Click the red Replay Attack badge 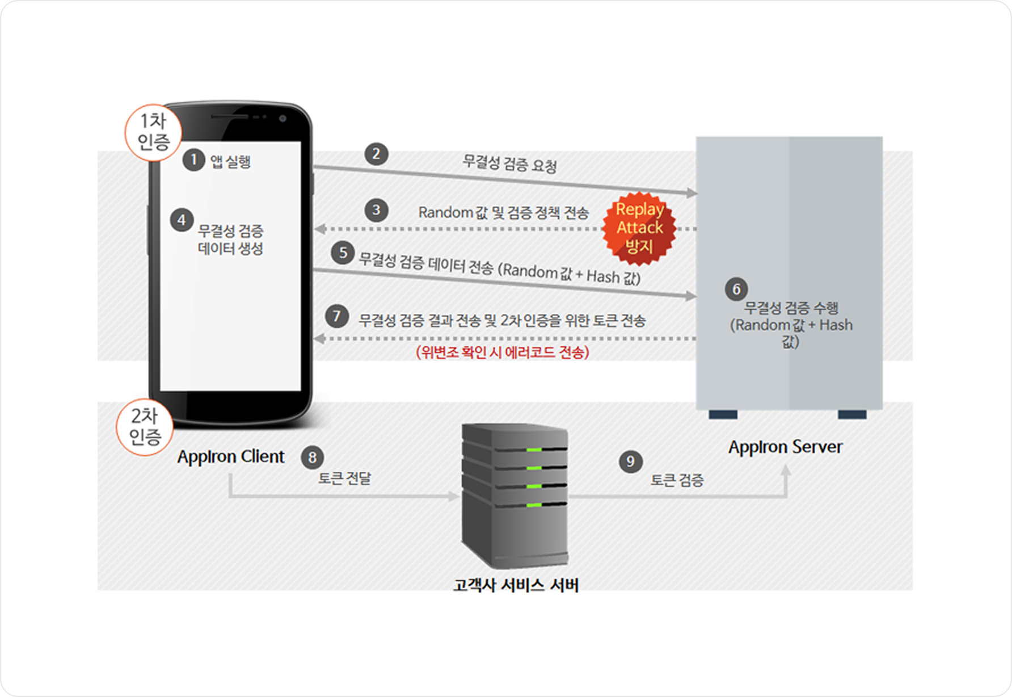click(x=639, y=228)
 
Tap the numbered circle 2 click(x=376, y=154)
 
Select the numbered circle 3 click(x=376, y=211)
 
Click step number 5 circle click(x=343, y=253)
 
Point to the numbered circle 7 click(x=336, y=316)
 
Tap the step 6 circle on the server click(x=736, y=289)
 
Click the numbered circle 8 click(x=312, y=457)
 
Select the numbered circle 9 click(x=630, y=461)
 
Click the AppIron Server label click(x=785, y=447)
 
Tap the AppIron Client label click(x=230, y=457)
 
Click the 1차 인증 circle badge click(x=153, y=132)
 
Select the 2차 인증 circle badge click(x=145, y=427)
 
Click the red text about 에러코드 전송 click(x=503, y=352)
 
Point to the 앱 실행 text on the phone click(x=230, y=162)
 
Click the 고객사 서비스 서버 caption click(x=515, y=585)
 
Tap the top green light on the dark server click(x=534, y=450)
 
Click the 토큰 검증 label click(x=677, y=481)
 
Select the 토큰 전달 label click(x=344, y=478)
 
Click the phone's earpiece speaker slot click(x=229, y=117)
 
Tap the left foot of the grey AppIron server click(x=723, y=415)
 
